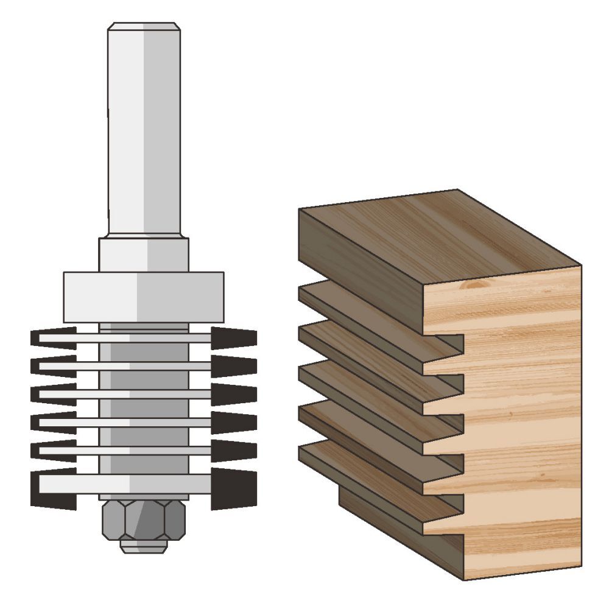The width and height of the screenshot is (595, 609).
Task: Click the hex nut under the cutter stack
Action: tap(143, 519)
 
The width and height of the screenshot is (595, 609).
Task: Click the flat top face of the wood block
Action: tap(438, 238)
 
